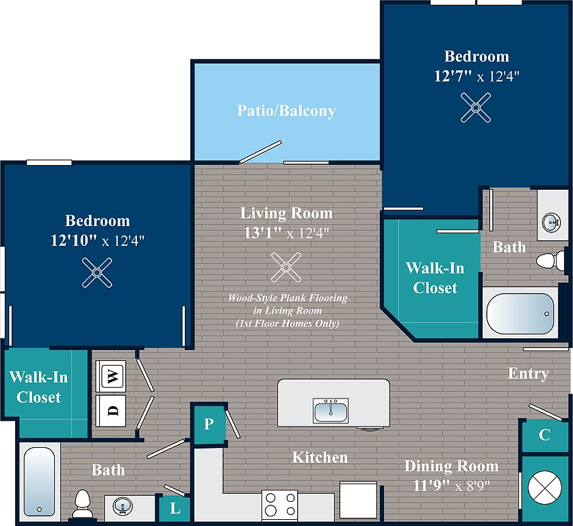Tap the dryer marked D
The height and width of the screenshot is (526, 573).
pyautogui.click(x=111, y=410)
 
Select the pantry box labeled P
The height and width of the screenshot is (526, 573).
pyautogui.click(x=209, y=424)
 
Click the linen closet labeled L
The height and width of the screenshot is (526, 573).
pyautogui.click(x=175, y=508)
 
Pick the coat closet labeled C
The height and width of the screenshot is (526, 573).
pyautogui.click(x=544, y=436)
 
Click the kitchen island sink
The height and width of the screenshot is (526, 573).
pyautogui.click(x=331, y=411)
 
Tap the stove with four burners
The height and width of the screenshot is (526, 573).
pyautogui.click(x=280, y=505)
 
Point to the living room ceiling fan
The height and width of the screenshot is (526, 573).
pyautogui.click(x=286, y=267)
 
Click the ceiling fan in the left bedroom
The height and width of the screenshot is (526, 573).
pyautogui.click(x=97, y=273)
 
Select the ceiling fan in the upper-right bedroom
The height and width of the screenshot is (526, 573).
pyautogui.click(x=476, y=108)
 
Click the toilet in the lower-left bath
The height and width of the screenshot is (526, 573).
pyautogui.click(x=82, y=503)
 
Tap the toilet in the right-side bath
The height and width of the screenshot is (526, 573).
pyautogui.click(x=550, y=261)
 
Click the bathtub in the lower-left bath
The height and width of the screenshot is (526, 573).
pyautogui.click(x=40, y=481)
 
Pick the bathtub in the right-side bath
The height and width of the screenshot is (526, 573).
pyautogui.click(x=520, y=313)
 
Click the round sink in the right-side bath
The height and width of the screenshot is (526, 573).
pyautogui.click(x=552, y=223)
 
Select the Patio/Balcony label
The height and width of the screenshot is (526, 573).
pyautogui.click(x=286, y=111)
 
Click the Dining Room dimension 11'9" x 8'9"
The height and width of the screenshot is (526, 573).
pyautogui.click(x=451, y=486)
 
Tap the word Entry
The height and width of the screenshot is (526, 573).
pyautogui.click(x=529, y=374)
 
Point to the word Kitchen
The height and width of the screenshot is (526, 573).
pyautogui.click(x=320, y=458)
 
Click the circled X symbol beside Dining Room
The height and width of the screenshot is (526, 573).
pyautogui.click(x=545, y=487)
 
